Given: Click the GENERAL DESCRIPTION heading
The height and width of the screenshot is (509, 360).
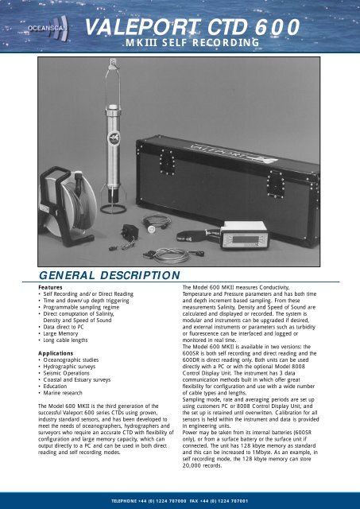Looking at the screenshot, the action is [x=95, y=275].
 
